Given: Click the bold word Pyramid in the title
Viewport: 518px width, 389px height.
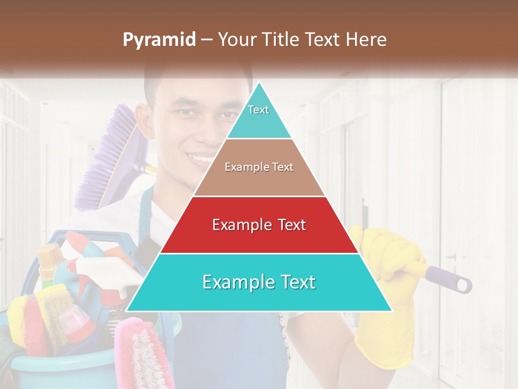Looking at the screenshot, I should (x=159, y=40).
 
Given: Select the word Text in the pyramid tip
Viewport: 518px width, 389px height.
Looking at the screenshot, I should (x=258, y=110).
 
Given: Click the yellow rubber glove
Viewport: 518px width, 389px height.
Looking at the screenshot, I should (x=384, y=324).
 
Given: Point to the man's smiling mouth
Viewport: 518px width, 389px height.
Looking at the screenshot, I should (x=201, y=159).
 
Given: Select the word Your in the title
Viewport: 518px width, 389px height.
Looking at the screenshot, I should (x=235, y=40).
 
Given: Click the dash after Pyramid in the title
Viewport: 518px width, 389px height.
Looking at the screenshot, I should (x=206, y=40).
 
